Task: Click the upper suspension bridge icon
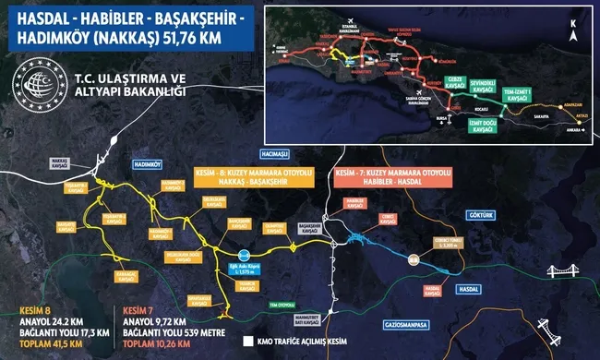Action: tap(562, 271)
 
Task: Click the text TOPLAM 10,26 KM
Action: tap(148, 344)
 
